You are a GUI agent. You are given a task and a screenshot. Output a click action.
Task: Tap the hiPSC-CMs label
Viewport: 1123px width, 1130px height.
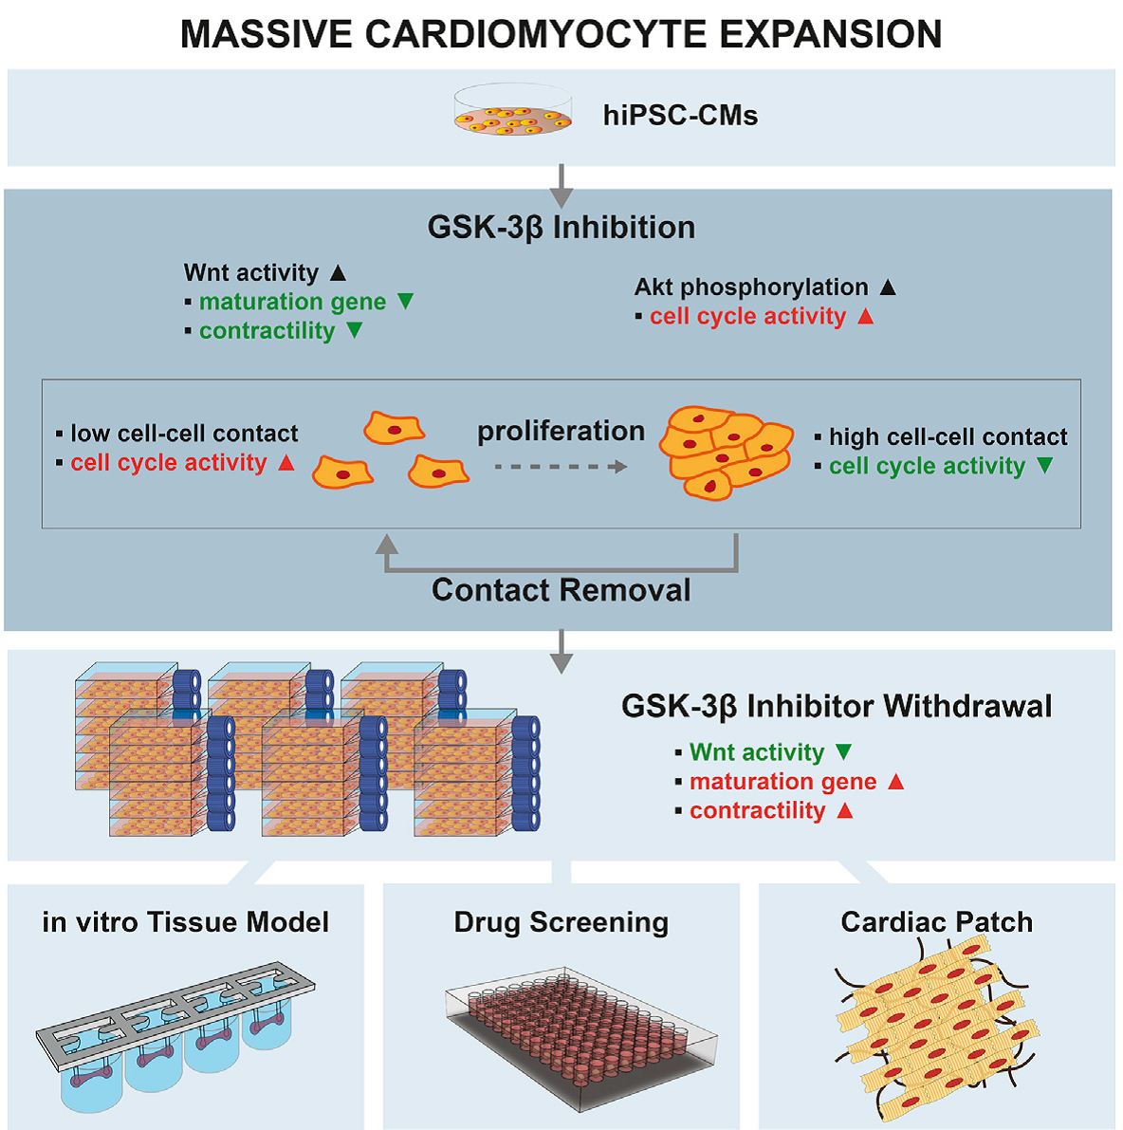[680, 116]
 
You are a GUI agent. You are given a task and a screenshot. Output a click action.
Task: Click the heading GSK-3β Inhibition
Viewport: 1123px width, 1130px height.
[561, 228]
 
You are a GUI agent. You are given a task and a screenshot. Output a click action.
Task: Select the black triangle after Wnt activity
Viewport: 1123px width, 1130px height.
[338, 273]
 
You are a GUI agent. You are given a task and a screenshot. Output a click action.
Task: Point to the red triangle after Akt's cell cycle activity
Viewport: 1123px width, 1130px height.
[865, 317]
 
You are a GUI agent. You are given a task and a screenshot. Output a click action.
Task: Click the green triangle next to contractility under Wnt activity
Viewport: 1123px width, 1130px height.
[355, 331]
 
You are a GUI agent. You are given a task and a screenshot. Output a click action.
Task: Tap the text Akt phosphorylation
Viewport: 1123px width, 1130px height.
[751, 287]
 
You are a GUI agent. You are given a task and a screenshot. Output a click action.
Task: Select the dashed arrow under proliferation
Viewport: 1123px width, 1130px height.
[561, 467]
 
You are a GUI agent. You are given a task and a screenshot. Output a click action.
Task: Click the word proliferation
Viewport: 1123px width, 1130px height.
[561, 431]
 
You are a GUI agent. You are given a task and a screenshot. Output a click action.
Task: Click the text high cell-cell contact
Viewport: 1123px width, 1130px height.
[948, 436]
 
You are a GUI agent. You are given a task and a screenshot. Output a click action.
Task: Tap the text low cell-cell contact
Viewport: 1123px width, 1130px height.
[184, 434]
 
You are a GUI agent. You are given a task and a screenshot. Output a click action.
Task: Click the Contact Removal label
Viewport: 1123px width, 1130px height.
[561, 590]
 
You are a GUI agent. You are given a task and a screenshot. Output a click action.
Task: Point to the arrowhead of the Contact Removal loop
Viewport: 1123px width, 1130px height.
[386, 544]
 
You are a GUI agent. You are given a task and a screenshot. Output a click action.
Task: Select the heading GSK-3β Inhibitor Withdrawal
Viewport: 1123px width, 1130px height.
[837, 707]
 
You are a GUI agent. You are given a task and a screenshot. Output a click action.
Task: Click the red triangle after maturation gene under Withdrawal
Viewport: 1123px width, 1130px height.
[895, 782]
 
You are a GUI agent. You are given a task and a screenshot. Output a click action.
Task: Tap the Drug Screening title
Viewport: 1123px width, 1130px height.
[561, 922]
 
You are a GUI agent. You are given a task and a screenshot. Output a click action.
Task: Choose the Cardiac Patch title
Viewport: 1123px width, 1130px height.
[936, 922]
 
